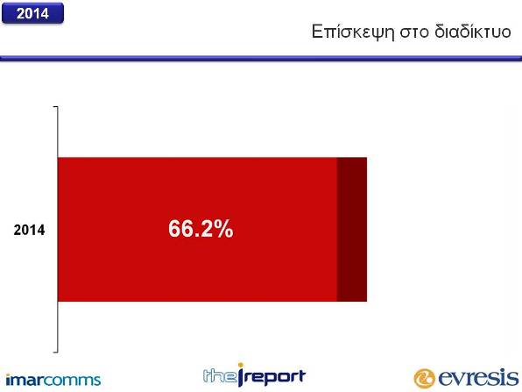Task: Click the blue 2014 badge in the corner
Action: [32, 13]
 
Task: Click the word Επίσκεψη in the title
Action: [353, 32]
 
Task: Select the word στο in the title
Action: [414, 32]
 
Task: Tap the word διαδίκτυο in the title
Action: [472, 32]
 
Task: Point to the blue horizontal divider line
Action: [261, 59]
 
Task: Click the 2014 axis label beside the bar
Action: [29, 230]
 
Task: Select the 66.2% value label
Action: [201, 229]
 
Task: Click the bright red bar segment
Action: [197, 230]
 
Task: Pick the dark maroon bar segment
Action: [352, 230]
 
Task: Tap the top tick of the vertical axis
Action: [55, 107]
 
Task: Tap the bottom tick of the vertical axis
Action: [55, 352]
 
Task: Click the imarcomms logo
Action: [53, 380]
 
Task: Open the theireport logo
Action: [254, 375]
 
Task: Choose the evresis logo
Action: [466, 378]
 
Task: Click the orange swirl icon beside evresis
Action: [425, 379]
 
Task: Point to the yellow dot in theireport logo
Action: [241, 366]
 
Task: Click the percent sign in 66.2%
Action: [223, 229]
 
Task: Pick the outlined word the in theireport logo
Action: [219, 375]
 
